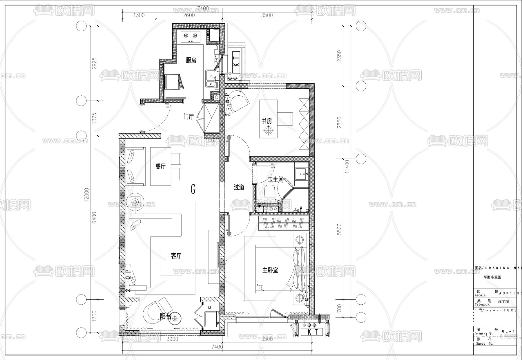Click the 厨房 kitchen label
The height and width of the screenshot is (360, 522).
click(x=191, y=60)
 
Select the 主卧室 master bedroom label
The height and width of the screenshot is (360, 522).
click(x=270, y=270)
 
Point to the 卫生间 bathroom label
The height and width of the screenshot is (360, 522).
click(x=275, y=180)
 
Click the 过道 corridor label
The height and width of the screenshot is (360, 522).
click(x=239, y=187)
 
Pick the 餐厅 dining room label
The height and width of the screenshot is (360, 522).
click(x=160, y=166)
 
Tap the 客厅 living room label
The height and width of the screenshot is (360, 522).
click(x=176, y=256)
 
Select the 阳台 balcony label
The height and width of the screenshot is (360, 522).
click(x=165, y=317)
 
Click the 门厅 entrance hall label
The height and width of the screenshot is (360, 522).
click(x=188, y=117)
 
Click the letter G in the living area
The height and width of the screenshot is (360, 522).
click(x=193, y=190)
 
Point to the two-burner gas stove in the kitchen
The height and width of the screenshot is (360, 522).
click(x=191, y=36)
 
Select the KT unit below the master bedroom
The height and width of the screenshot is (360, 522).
click(x=313, y=332)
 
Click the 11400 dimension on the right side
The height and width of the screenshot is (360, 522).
click(x=347, y=166)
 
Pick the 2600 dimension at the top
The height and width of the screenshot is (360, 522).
click(x=189, y=15)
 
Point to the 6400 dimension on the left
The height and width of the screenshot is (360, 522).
click(x=95, y=218)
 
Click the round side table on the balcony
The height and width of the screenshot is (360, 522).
click(x=175, y=319)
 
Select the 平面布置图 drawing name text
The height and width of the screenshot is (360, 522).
click(x=492, y=277)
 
